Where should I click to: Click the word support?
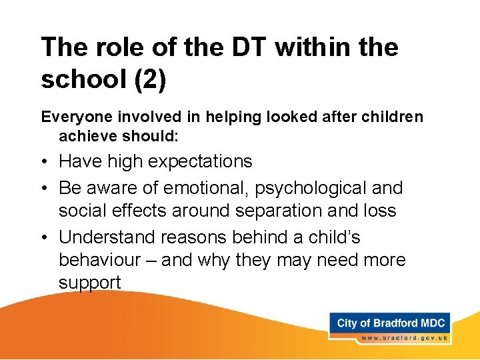pyautogui.click(x=90, y=283)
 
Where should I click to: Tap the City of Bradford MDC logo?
pyautogui.click(x=391, y=323)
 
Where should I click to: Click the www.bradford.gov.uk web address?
pyautogui.click(x=404, y=338)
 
